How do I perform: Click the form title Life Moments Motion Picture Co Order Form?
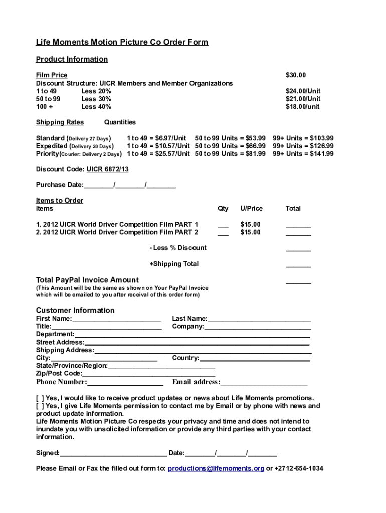[x=122, y=42]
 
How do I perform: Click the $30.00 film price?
[x=295, y=75]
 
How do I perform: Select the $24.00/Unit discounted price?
[x=303, y=91]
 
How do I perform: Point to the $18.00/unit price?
[x=303, y=107]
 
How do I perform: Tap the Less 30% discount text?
[x=96, y=99]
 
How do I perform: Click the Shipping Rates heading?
[x=60, y=122]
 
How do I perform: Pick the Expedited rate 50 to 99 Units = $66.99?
[x=230, y=146]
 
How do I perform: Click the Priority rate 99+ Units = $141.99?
[x=303, y=154]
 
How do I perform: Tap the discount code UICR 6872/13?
[x=108, y=170]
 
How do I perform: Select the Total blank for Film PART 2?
[x=298, y=234]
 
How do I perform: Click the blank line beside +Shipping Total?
[x=298, y=266]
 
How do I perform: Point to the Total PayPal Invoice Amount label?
[x=87, y=280]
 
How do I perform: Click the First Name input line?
[x=116, y=320]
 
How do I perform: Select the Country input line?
[x=255, y=359]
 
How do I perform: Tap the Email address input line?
[x=264, y=384]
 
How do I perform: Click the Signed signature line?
[x=113, y=455]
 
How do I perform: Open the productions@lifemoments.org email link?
[x=216, y=469]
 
